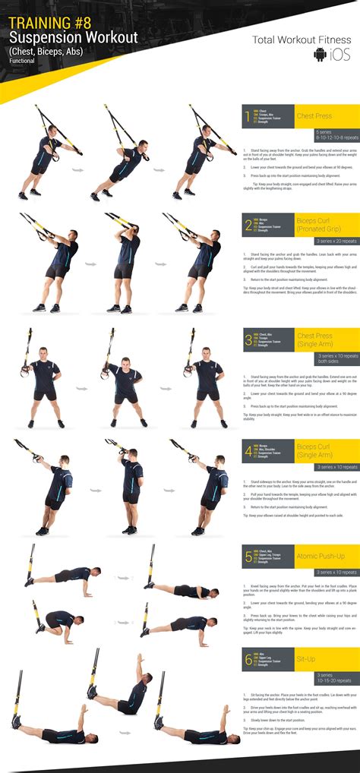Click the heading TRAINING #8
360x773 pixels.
coord(49,23)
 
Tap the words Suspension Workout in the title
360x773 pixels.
coord(73,38)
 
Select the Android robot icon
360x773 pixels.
coord(321,55)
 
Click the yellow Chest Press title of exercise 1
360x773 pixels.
coord(315,115)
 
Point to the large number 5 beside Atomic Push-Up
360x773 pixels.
coord(248,557)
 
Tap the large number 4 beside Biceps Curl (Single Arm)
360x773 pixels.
coord(248,453)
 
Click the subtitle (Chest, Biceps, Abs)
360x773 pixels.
coord(46,51)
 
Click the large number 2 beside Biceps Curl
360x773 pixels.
coord(248,226)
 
